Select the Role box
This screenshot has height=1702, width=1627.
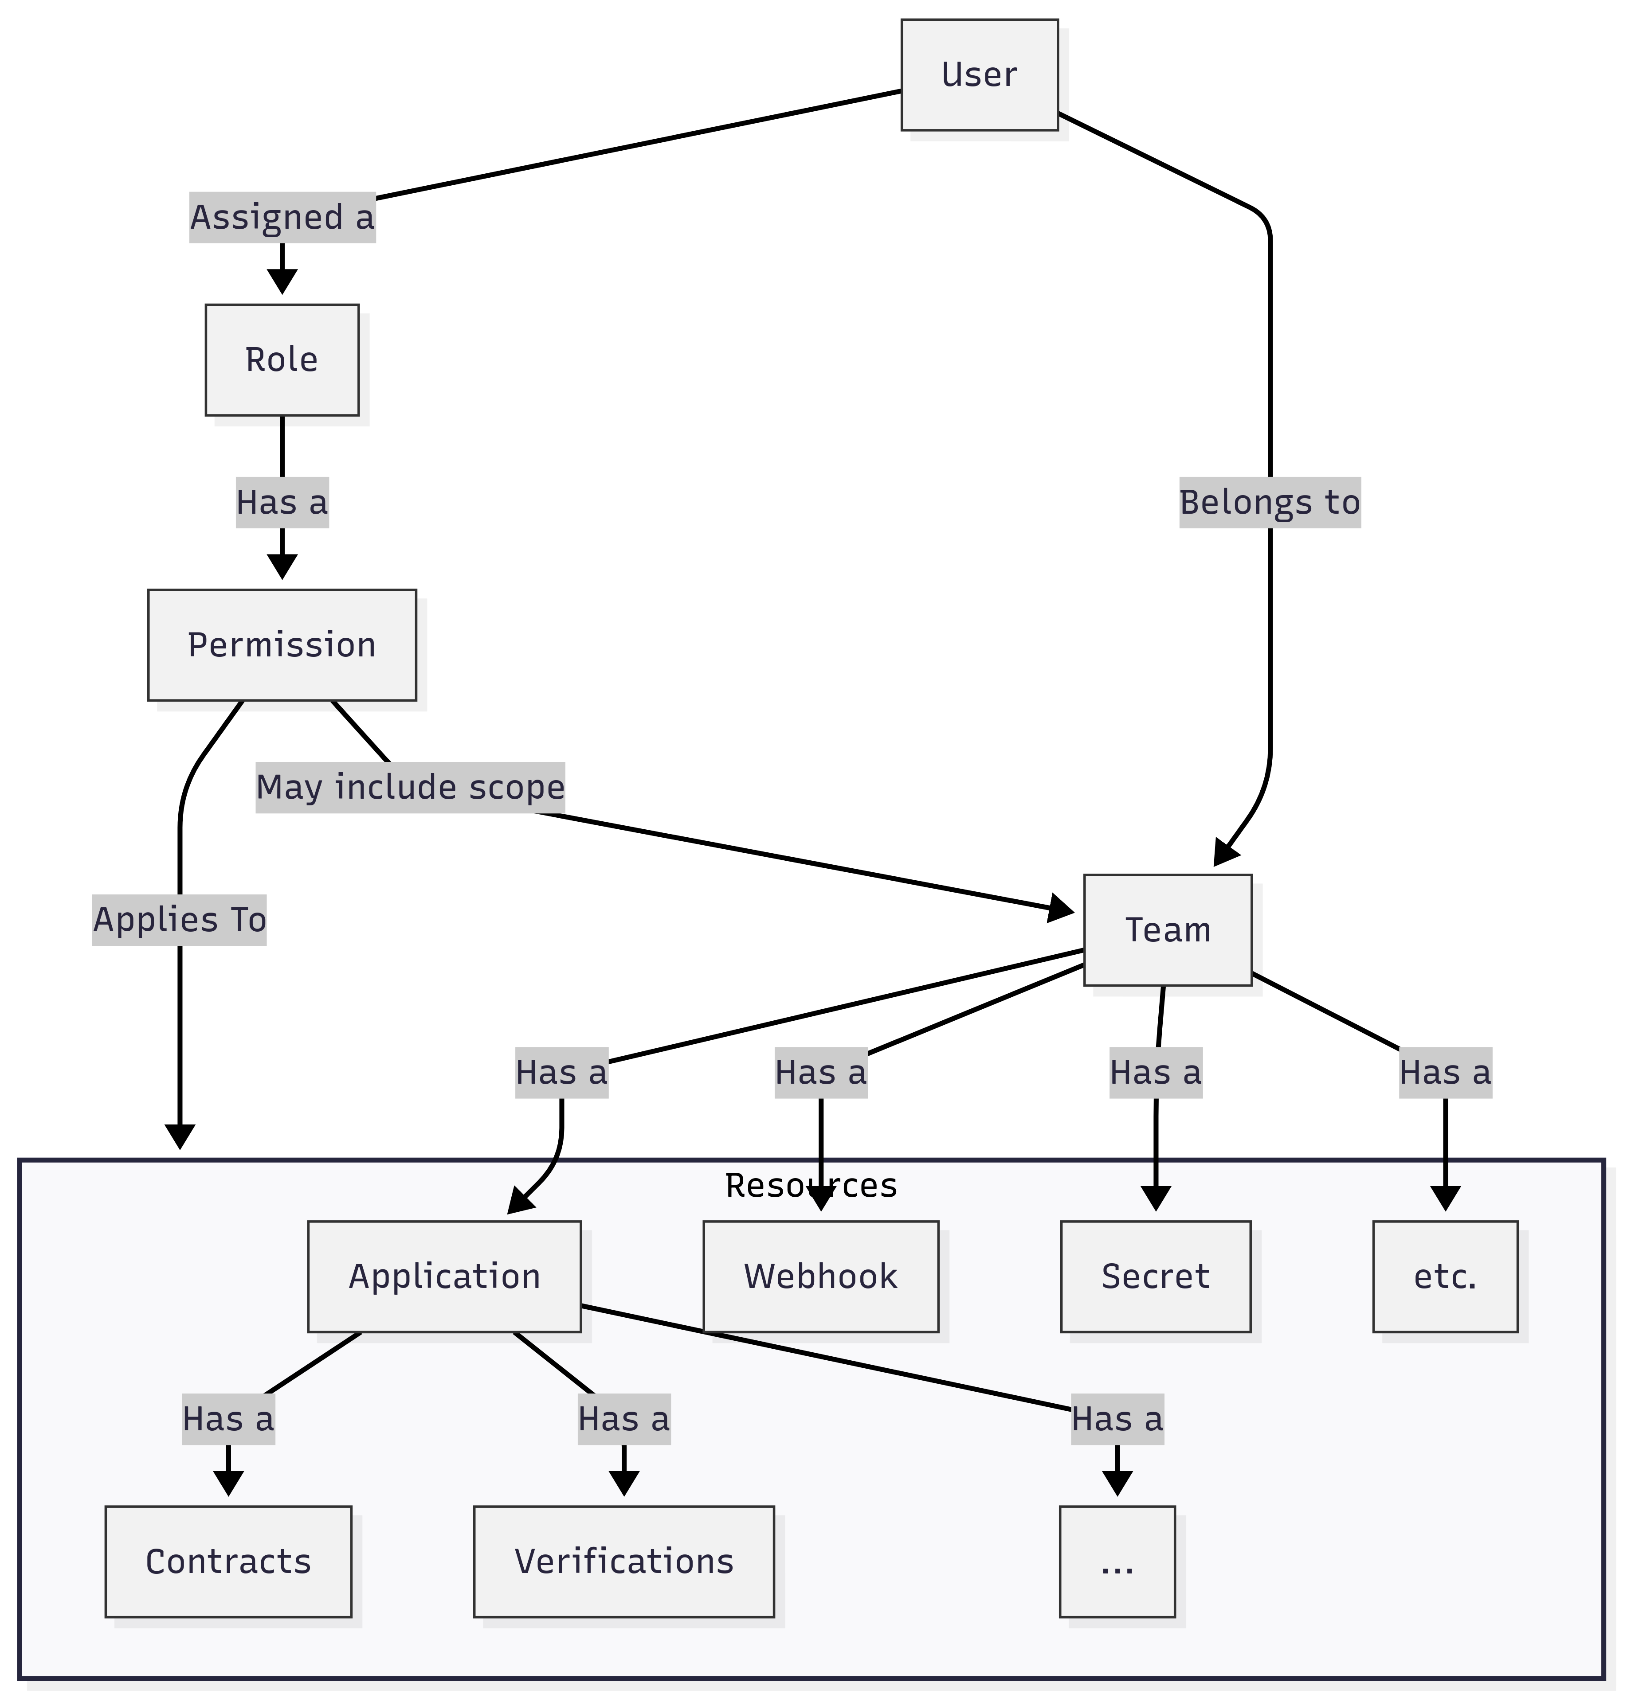point(282,360)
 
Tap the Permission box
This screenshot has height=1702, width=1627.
point(282,645)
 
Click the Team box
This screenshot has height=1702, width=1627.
point(1167,930)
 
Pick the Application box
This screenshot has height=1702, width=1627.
point(444,1277)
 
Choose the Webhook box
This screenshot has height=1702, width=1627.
point(820,1277)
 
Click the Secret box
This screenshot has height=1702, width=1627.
point(1155,1277)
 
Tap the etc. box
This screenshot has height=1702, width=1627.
point(1445,1277)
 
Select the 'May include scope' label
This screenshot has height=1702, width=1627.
point(410,787)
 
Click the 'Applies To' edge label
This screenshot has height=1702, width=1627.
point(180,920)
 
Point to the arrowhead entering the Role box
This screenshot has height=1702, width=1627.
point(282,282)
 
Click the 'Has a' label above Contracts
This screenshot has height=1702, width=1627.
point(228,1419)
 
